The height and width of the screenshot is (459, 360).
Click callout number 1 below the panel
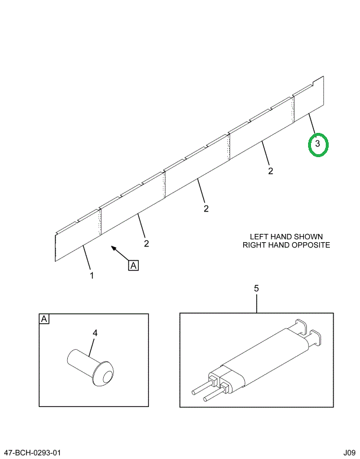[x=91, y=275]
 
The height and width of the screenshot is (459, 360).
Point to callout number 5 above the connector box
[x=256, y=288]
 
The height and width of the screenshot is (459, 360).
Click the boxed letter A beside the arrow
[x=133, y=266]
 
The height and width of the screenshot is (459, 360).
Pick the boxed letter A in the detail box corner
[x=44, y=320]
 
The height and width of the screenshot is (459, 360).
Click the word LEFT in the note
[x=260, y=235]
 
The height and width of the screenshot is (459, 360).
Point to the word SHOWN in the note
[x=311, y=235]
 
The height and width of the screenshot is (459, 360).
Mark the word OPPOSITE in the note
[x=309, y=245]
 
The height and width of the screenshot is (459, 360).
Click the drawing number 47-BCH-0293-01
[x=31, y=453]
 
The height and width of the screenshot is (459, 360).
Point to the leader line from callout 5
[x=257, y=302]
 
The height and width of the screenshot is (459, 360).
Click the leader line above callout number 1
[x=87, y=258]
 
